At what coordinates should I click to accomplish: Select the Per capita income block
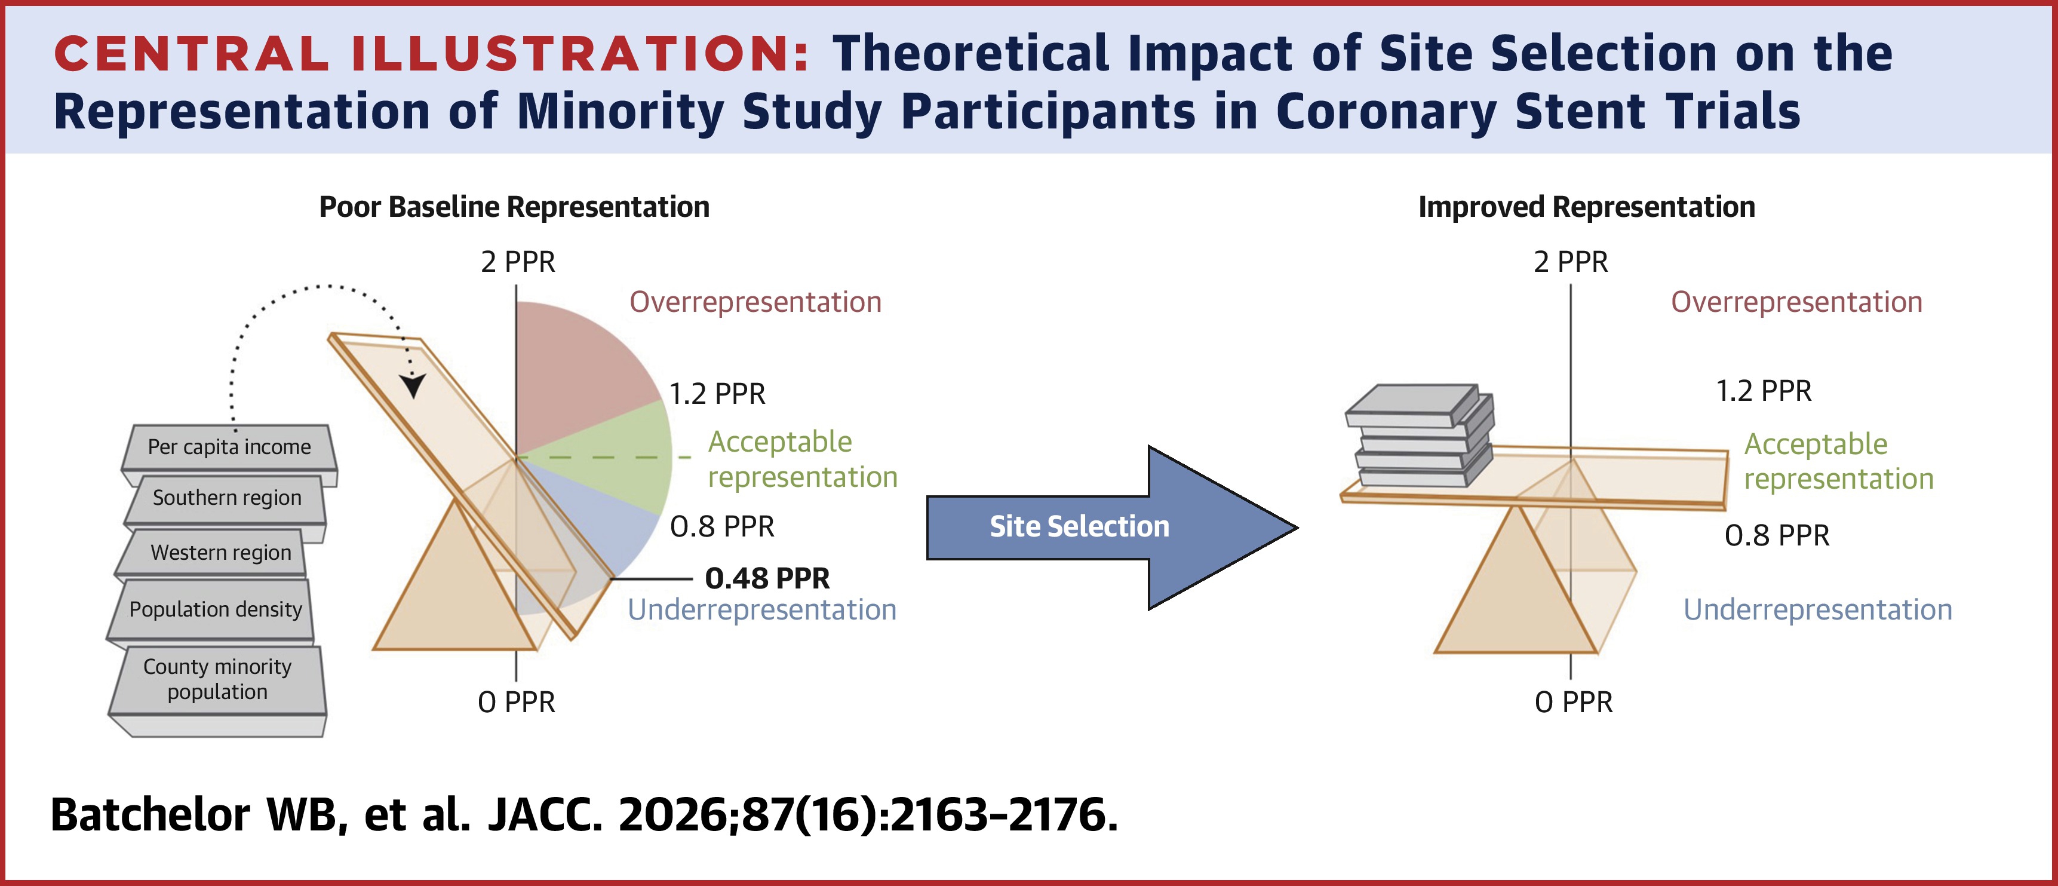229,447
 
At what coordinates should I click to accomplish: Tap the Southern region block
227,498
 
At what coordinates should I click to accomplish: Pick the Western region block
220,553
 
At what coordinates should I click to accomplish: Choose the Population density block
215,609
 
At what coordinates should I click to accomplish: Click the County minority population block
217,680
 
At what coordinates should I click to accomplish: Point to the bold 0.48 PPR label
767,578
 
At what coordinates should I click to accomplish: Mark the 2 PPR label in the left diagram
518,262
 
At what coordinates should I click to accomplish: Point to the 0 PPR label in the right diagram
1573,702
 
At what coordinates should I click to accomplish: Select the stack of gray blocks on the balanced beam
1418,438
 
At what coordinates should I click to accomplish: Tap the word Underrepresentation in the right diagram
1817,609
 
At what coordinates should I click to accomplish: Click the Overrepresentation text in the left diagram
755,302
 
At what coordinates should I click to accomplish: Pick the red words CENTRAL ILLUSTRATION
431,54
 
